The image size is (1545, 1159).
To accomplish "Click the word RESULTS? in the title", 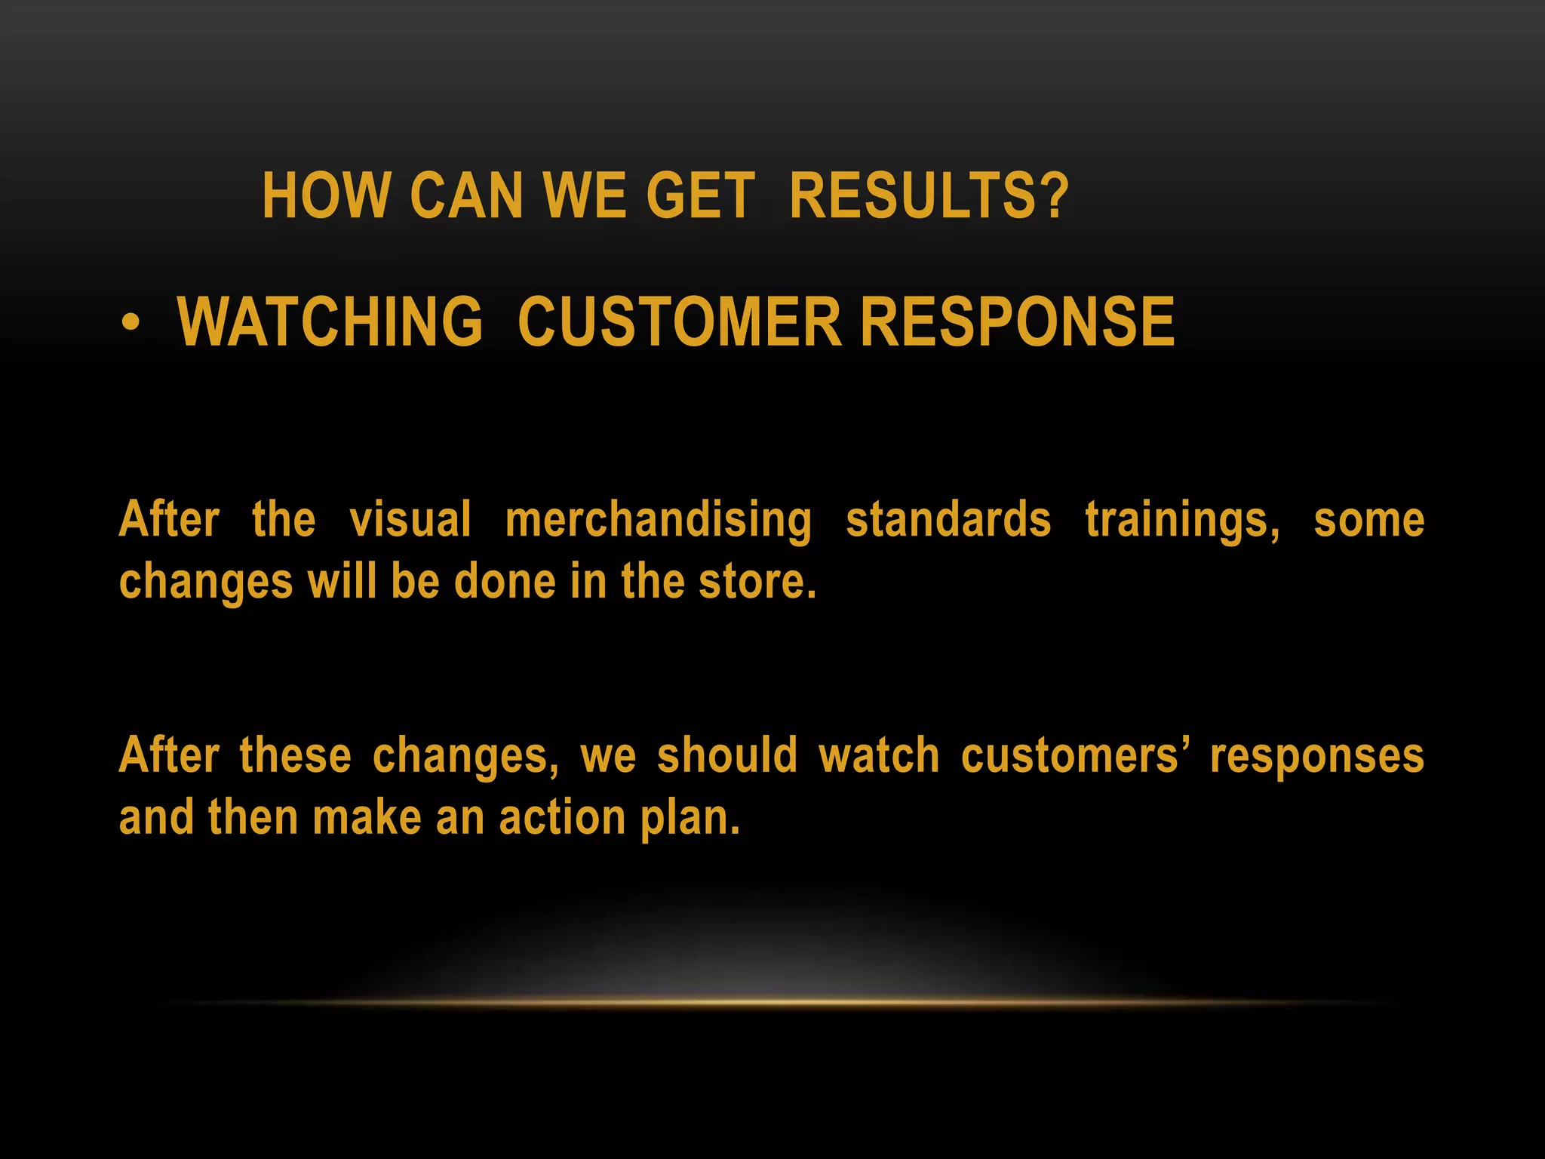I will click(x=929, y=195).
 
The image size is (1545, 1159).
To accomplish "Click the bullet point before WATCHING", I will click(x=131, y=323).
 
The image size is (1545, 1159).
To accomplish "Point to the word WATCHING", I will click(x=330, y=322).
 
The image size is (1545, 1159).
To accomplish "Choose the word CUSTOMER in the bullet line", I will click(x=679, y=322).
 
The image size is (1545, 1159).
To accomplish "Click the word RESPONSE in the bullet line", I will click(x=1018, y=322).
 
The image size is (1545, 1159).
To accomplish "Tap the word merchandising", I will click(x=659, y=521).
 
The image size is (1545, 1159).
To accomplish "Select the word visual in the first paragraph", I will click(x=410, y=521).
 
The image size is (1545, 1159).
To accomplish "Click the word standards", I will click(x=948, y=521).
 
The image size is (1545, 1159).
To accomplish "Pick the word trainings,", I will click(x=1182, y=521).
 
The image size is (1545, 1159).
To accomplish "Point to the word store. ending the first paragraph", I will click(x=757, y=582).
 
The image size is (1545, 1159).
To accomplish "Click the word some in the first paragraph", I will click(x=1368, y=521).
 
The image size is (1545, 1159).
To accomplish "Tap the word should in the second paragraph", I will click(x=727, y=756).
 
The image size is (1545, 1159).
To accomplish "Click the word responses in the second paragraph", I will click(x=1316, y=756).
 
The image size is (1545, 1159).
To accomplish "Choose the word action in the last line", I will click(x=562, y=818).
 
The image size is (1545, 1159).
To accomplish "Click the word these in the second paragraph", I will click(x=295, y=756).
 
